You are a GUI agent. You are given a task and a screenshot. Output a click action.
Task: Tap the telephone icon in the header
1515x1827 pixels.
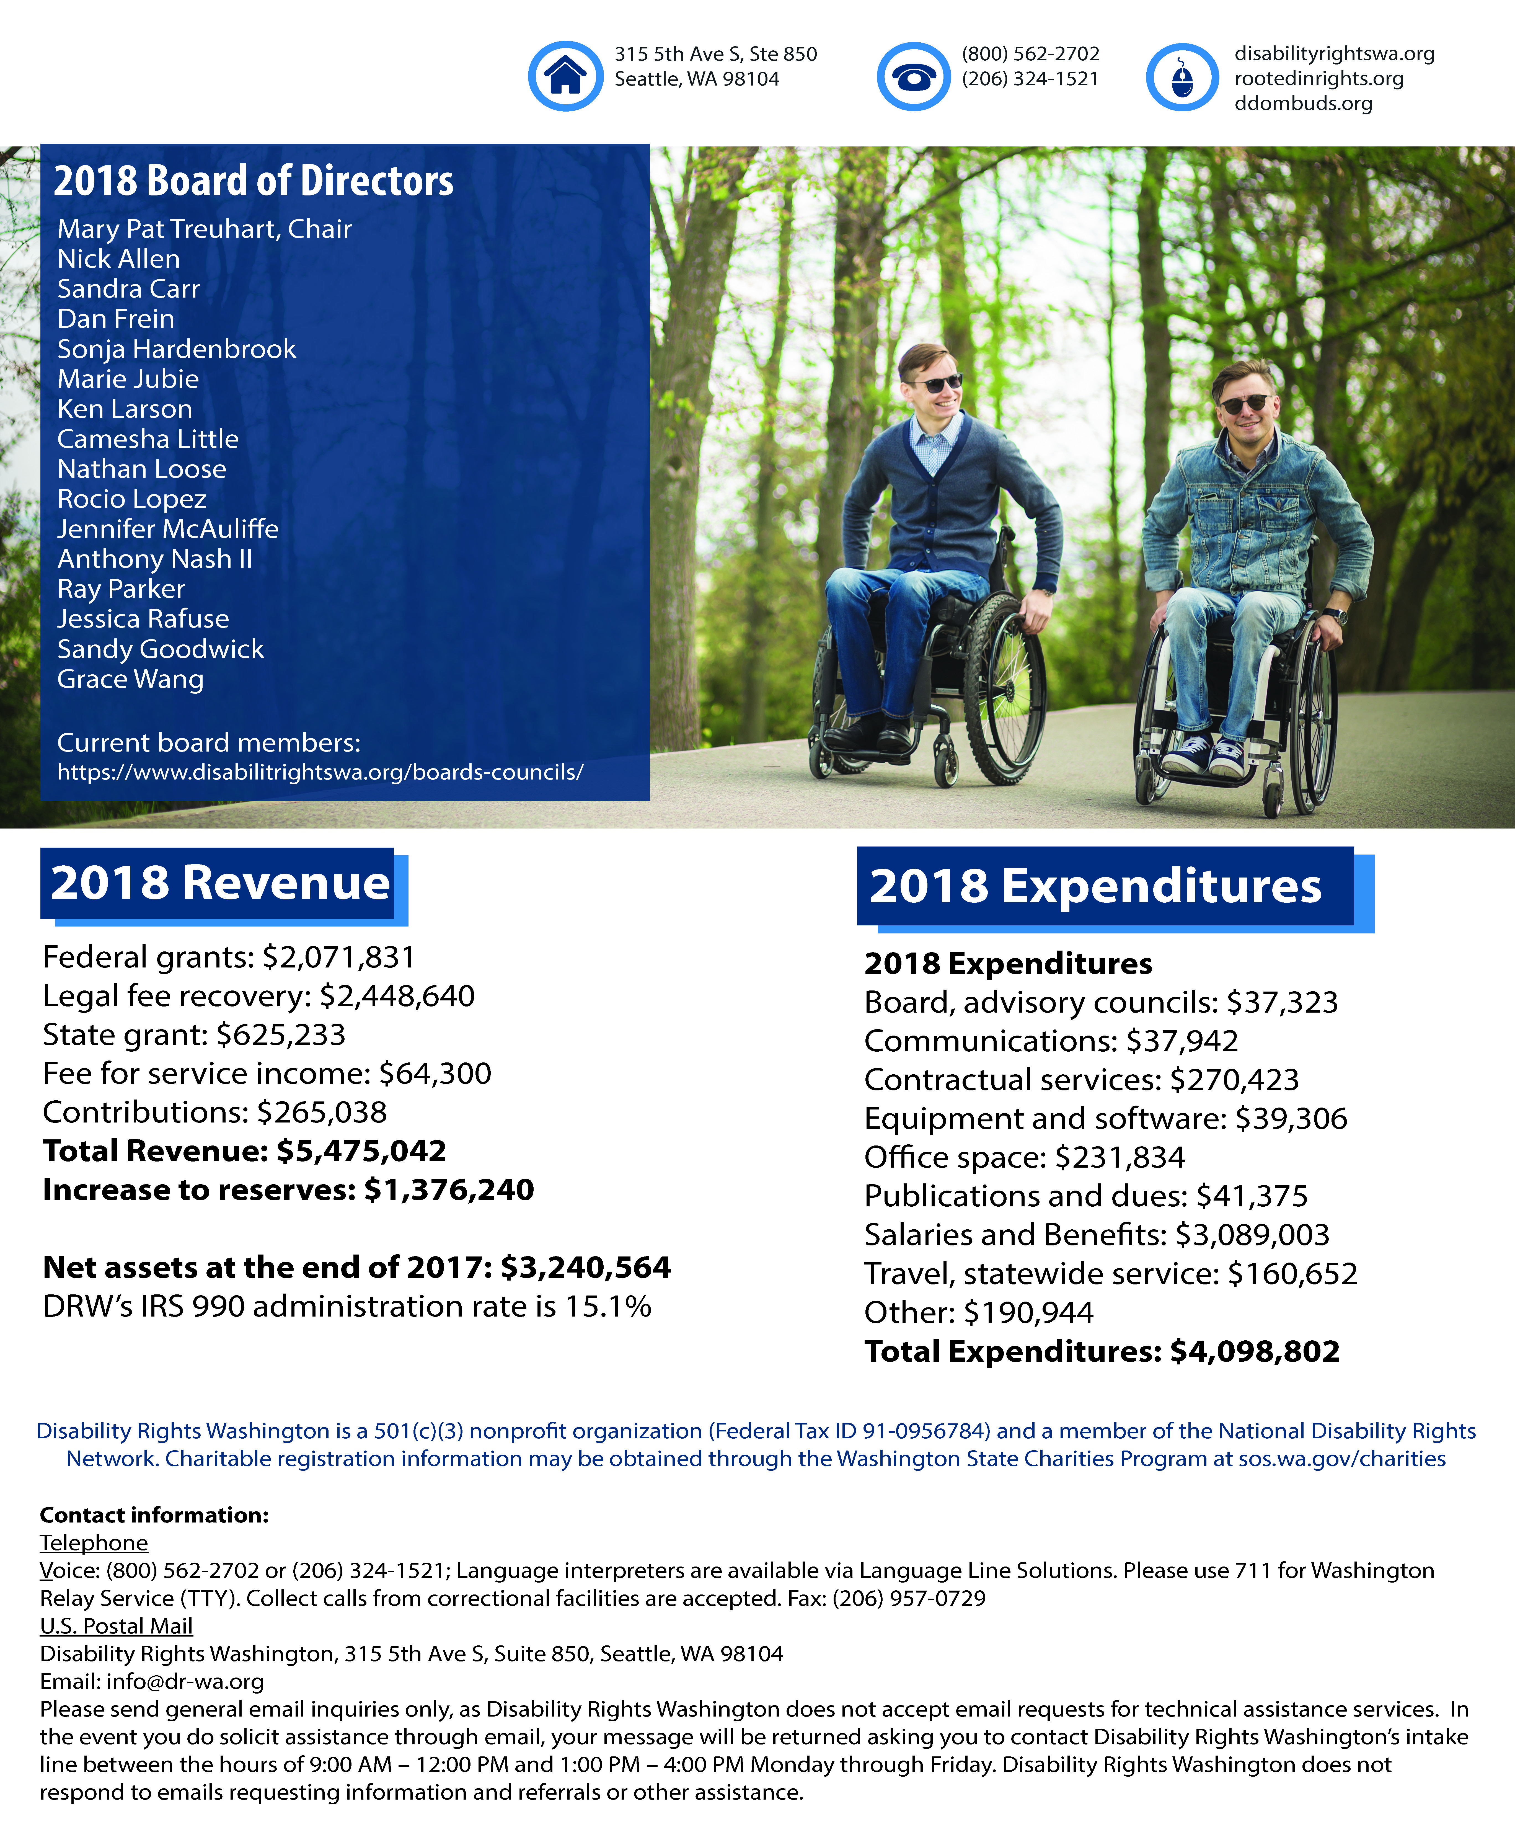click(913, 77)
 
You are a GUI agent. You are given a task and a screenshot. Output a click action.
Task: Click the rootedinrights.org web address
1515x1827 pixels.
click(1318, 78)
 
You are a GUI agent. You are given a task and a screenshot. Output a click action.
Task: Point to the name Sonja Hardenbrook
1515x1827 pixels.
click(177, 349)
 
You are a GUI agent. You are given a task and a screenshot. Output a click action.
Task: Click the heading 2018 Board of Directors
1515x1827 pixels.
click(253, 181)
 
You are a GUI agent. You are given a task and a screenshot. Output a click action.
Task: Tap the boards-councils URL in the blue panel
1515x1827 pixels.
click(320, 772)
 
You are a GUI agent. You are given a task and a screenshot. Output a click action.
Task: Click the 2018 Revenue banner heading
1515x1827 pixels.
click(220, 883)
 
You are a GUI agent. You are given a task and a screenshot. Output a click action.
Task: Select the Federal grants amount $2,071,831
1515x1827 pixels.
click(339, 957)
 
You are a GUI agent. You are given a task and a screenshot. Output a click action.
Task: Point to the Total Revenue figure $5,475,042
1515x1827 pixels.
click(361, 1151)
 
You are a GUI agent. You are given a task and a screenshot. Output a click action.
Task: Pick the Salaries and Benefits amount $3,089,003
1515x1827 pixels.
click(1252, 1235)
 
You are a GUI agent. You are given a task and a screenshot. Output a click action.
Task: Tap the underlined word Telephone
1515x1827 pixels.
click(94, 1542)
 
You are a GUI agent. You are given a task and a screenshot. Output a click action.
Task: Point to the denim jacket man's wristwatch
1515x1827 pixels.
click(1335, 615)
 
